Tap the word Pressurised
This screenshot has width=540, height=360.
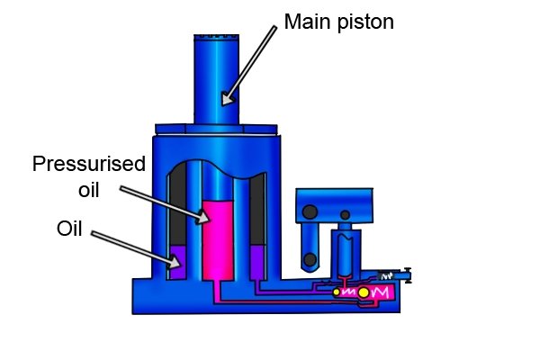point(89,164)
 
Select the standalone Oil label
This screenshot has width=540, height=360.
point(69,229)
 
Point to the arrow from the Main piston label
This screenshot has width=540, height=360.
point(249,66)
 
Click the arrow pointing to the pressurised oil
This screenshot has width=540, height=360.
point(165,205)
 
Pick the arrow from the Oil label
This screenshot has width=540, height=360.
point(136,249)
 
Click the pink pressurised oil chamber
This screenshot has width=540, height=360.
point(218,239)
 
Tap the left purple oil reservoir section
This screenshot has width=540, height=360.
point(178,262)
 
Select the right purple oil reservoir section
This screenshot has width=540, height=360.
point(257,262)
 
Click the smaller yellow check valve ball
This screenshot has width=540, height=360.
point(337,292)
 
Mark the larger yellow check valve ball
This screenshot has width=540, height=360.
point(364,292)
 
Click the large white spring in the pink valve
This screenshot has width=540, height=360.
point(380,292)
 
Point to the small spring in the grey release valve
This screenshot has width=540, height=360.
point(387,276)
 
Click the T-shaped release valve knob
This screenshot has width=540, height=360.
point(408,275)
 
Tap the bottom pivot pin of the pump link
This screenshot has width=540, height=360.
point(310,260)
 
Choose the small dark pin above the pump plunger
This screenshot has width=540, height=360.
point(345,215)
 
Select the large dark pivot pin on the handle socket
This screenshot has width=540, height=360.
point(310,211)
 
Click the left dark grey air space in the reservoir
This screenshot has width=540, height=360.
point(178,204)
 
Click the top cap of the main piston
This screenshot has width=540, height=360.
point(217,38)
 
